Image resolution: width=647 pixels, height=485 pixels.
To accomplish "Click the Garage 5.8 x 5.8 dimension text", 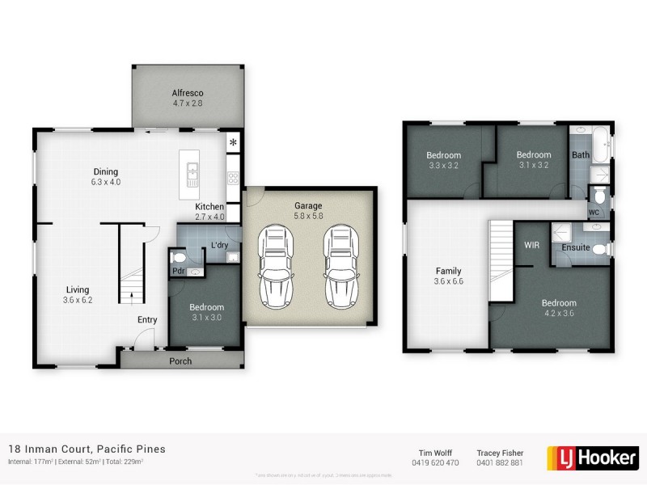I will click(308, 217).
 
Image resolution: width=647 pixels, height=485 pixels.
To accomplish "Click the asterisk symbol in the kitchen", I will click(234, 144).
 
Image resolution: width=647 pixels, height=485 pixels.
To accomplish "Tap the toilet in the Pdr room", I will click(180, 258).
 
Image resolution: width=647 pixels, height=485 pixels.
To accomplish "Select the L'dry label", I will click(218, 245).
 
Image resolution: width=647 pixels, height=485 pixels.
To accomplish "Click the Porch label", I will click(180, 361).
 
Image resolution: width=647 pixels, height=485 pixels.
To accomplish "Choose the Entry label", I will click(146, 320).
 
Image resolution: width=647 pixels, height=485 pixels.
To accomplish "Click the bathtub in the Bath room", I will click(601, 145).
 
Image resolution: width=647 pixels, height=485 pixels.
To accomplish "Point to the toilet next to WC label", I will click(599, 196).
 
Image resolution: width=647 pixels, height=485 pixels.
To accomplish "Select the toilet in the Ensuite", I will click(600, 250).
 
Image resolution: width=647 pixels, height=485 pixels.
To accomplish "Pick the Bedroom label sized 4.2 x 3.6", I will click(558, 303).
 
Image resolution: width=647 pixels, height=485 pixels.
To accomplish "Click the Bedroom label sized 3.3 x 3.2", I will click(443, 155).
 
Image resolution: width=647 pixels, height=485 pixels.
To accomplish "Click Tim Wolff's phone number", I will click(436, 463).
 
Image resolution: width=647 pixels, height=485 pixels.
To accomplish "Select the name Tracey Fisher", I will click(501, 453).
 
